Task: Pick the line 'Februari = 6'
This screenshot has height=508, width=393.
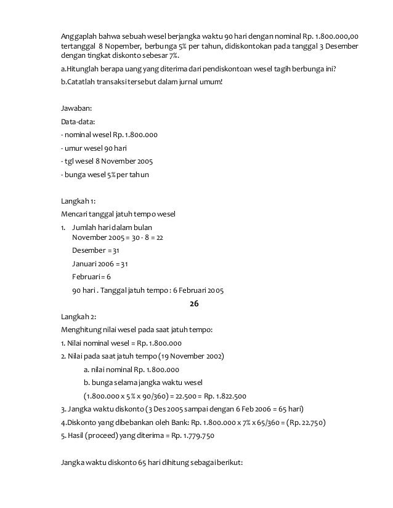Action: coord(92,277)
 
